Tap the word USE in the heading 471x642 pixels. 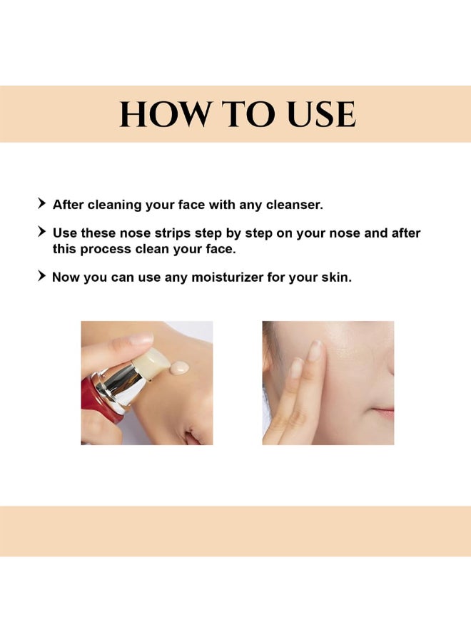(x=322, y=114)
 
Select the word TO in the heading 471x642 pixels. (x=248, y=114)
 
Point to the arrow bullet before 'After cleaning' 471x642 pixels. (x=42, y=203)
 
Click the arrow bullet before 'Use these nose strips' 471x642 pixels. (x=42, y=231)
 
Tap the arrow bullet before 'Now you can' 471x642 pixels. (x=42, y=275)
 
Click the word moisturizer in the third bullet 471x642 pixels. (x=228, y=277)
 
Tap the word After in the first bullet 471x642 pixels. (x=69, y=205)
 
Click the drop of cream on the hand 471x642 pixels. (x=179, y=367)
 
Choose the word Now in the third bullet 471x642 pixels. (x=66, y=277)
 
